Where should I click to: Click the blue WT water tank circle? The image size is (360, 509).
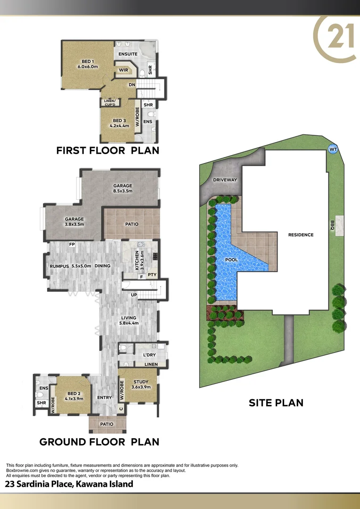[x=333, y=148]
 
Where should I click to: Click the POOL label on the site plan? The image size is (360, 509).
[x=231, y=260]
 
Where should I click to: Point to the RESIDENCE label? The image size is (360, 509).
[x=302, y=235]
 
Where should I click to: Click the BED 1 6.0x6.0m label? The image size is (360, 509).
[x=88, y=64]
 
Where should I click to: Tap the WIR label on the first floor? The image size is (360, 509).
[x=123, y=70]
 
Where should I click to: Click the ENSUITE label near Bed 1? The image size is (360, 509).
[x=128, y=54]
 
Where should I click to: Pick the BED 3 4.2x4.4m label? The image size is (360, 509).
[x=117, y=123]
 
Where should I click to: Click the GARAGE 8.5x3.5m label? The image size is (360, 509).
[x=123, y=189]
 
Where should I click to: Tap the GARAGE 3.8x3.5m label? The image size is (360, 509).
[x=74, y=222]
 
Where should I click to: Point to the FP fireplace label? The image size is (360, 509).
[x=72, y=244]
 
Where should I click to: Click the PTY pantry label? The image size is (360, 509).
[x=152, y=274]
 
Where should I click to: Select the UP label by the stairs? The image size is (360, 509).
[x=134, y=295]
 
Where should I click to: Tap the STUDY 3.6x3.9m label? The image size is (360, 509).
[x=141, y=385]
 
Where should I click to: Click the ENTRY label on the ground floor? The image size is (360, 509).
[x=104, y=398]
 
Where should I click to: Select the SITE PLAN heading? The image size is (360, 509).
[x=276, y=403]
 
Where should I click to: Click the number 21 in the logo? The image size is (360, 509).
[x=335, y=38]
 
